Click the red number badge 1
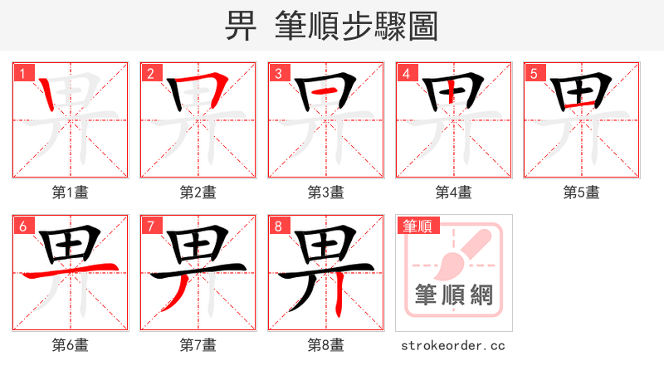click(22, 73)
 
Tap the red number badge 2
click(150, 73)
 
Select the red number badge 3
click(278, 73)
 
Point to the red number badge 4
click(406, 73)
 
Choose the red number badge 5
click(534, 73)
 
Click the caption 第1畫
click(70, 192)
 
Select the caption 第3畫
click(325, 192)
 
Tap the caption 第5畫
click(581, 192)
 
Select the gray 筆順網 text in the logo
click(453, 295)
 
